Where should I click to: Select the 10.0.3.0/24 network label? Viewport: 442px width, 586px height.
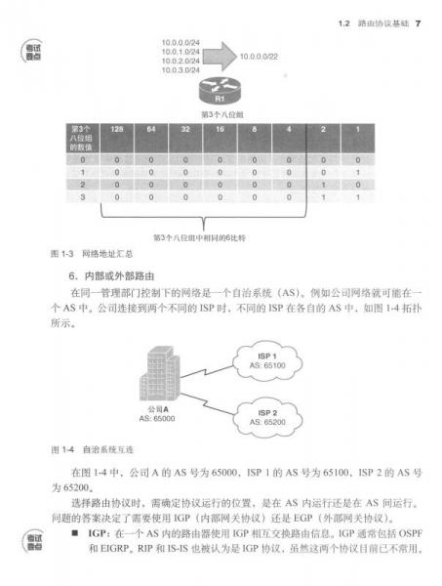(180, 70)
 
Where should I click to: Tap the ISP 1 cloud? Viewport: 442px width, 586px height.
(281, 359)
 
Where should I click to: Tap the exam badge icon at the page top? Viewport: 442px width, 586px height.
(36, 55)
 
